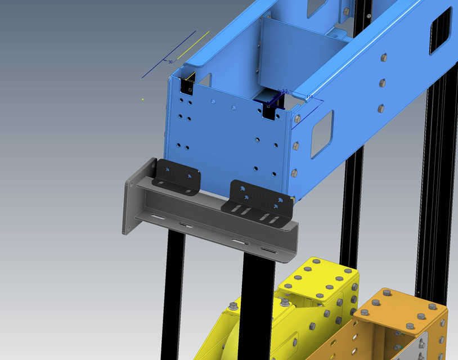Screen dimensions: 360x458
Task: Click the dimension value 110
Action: [309, 97]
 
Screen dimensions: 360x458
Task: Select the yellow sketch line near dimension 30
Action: [193, 45]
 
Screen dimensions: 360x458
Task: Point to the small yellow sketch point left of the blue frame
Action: [143, 100]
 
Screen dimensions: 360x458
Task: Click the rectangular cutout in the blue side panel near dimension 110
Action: [321, 133]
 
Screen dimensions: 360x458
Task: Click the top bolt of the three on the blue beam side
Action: [384, 57]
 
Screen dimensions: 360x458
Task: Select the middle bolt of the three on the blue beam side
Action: [383, 83]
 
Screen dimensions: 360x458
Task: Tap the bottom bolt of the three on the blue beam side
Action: [381, 107]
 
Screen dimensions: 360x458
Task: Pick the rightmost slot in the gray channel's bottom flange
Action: [268, 251]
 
